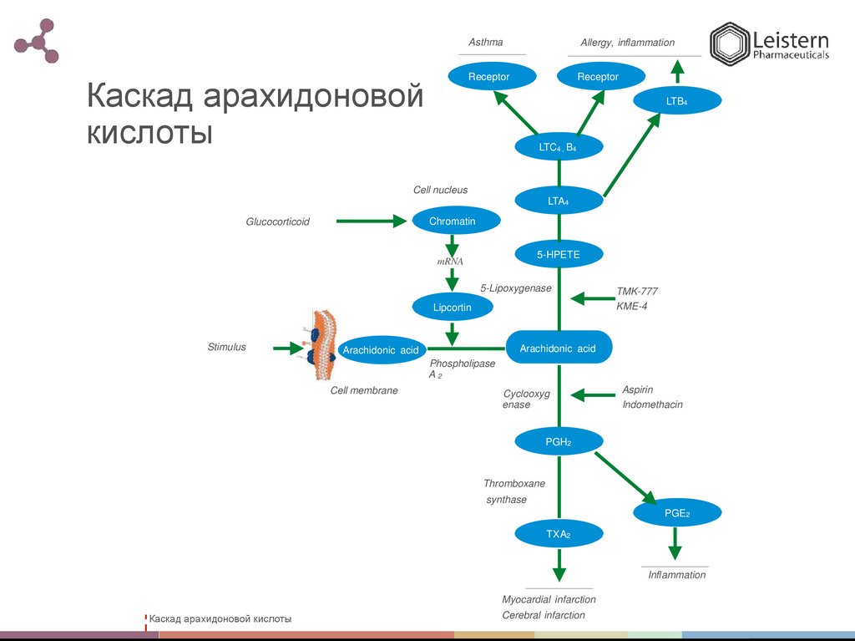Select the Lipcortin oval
[452, 308]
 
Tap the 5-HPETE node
[559, 253]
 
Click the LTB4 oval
[676, 101]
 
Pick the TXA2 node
[558, 533]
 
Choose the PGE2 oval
[675, 513]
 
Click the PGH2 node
[558, 440]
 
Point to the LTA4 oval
[558, 201]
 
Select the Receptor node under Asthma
[488, 77]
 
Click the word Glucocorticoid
[277, 221]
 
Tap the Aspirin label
[637, 389]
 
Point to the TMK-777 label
[637, 291]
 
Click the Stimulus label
[227, 347]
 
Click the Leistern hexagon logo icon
[727, 43]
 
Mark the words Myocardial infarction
[549, 599]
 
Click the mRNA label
[449, 262]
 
